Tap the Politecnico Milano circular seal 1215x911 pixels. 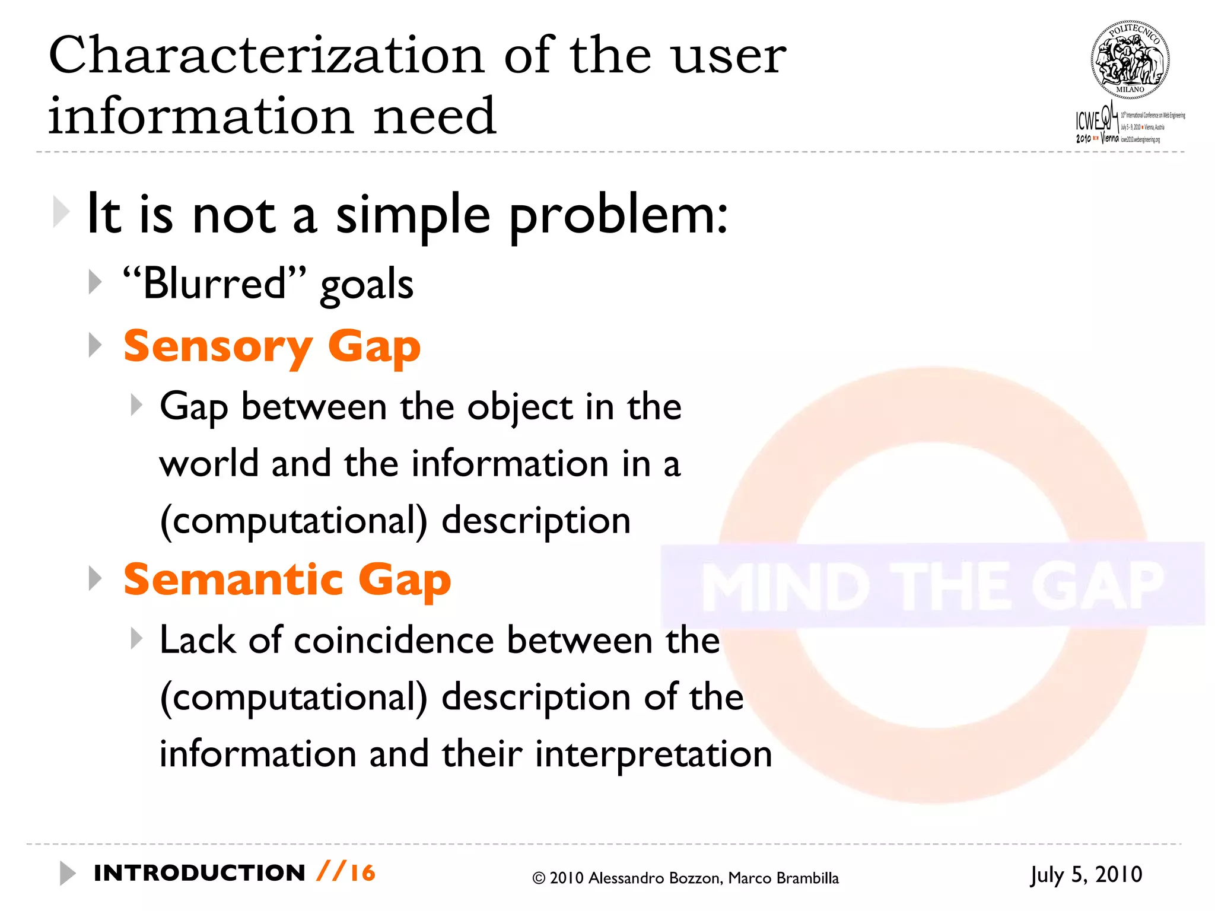pos(1130,60)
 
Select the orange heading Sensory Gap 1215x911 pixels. pos(272,346)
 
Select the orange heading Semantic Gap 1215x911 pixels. pos(287,579)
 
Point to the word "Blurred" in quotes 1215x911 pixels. pos(215,284)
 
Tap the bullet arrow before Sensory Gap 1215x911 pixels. pos(95,345)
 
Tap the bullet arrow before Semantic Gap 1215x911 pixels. pos(95,578)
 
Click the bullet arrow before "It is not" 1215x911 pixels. pos(61,211)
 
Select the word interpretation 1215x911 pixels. pos(653,754)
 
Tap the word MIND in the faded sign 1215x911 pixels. pos(781,587)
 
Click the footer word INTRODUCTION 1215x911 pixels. pos(199,873)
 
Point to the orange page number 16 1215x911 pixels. pos(362,873)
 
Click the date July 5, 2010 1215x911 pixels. pos(1086,875)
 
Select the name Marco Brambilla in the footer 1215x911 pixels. pos(783,878)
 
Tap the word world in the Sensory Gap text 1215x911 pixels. pos(209,463)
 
